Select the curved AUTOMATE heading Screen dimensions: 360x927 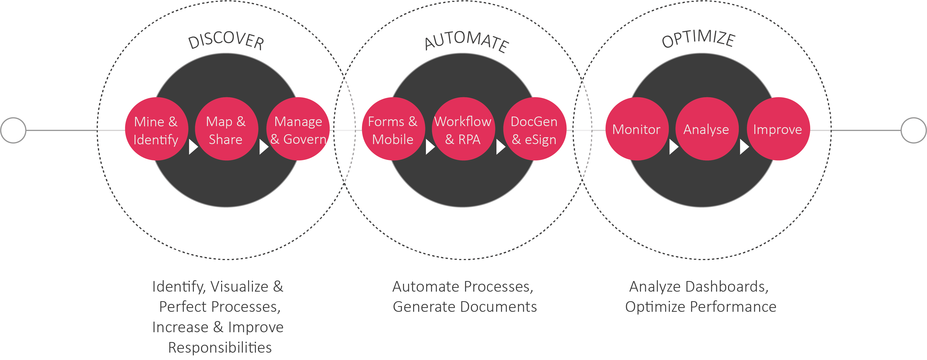(466, 40)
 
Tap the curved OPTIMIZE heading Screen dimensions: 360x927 (698, 38)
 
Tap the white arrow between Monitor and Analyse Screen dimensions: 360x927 (673, 147)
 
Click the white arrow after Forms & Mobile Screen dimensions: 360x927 (430, 147)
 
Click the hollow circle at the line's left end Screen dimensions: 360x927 (13, 130)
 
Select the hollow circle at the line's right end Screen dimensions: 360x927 (913, 130)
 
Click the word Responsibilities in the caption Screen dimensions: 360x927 (220, 348)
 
